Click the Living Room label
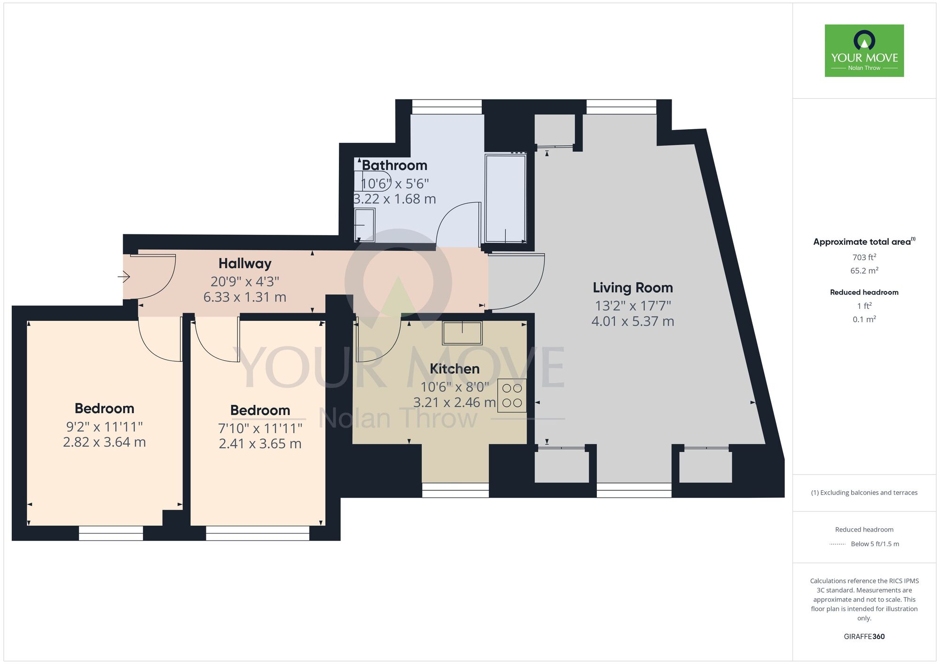coord(633,287)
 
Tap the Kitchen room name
coord(454,369)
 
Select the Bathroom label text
coord(394,165)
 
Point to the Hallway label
coord(245,263)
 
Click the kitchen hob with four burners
coord(512,395)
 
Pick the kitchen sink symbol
coord(462,333)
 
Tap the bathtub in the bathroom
coord(505,198)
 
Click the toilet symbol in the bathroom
coord(371,181)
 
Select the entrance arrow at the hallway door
coord(124,277)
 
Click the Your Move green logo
coord(864,51)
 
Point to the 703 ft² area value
coord(864,257)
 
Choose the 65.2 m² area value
coord(864,271)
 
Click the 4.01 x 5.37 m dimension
coord(633,322)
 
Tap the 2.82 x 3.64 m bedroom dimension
coord(104,442)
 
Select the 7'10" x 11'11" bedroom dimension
coord(260,428)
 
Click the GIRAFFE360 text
coord(864,637)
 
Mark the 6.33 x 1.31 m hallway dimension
coord(245,297)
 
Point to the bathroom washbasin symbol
coord(365,225)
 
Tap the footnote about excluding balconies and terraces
coord(864,493)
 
